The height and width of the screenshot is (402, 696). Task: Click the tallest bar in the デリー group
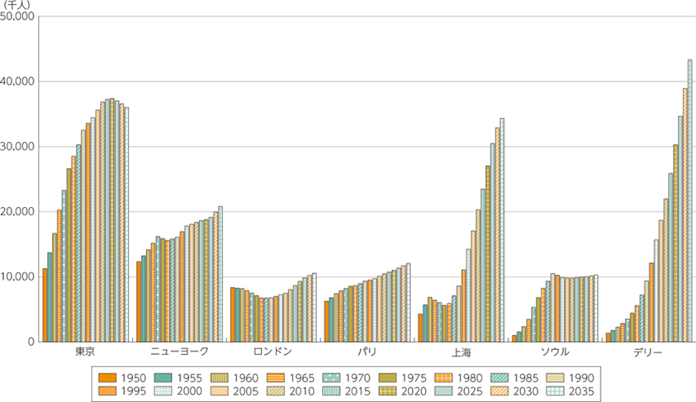[690, 202]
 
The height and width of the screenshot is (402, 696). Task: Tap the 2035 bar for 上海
[502, 230]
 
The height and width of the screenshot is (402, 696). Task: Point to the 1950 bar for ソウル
[514, 338]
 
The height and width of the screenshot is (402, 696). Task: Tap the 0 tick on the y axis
[31, 341]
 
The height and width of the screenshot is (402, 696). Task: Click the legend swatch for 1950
[108, 378]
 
